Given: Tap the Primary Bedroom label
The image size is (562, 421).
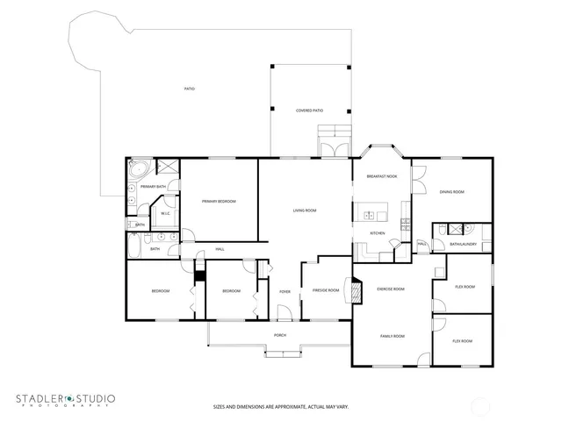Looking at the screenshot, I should (219, 202).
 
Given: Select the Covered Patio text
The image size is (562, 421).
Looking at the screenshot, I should (309, 111).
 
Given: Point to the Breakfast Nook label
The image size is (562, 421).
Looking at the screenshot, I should (382, 177).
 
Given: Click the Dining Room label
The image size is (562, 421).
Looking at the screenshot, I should (452, 192).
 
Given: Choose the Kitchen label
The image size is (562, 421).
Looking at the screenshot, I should (377, 233).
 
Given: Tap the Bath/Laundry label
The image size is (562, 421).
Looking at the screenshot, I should (463, 244).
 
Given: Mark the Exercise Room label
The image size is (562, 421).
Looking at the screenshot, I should (390, 289).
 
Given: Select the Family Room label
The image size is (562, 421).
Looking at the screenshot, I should (392, 336).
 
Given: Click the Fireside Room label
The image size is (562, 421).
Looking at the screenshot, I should (327, 289).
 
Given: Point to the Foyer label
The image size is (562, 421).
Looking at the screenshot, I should (285, 291).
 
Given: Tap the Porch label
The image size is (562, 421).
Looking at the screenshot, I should (280, 335).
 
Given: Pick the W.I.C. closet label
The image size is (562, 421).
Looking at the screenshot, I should (165, 214).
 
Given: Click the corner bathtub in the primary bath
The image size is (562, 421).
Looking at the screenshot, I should (138, 168).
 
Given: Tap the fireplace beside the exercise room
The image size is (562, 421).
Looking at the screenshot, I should (356, 289).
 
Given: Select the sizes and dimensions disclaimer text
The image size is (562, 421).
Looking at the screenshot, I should (280, 406).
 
